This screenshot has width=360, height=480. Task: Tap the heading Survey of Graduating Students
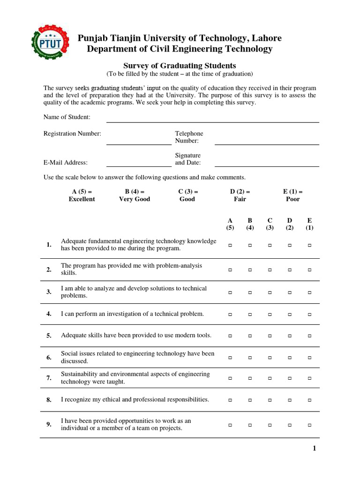click(x=180, y=66)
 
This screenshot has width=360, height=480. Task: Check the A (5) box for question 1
click(x=230, y=245)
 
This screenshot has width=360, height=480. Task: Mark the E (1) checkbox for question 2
click(x=309, y=270)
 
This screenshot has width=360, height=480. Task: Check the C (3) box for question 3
click(x=270, y=292)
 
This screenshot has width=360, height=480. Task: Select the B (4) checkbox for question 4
click(x=250, y=314)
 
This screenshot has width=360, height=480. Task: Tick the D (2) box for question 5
click(x=290, y=336)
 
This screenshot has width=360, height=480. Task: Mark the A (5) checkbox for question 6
click(x=230, y=358)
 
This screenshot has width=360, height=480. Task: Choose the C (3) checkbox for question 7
click(x=270, y=378)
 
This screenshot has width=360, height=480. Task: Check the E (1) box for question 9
click(x=309, y=425)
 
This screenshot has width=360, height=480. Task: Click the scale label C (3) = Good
click(x=188, y=195)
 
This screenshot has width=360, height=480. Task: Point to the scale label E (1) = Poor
click(x=292, y=195)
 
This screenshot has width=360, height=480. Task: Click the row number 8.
click(x=49, y=400)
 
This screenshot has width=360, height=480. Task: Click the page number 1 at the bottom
click(x=315, y=449)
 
